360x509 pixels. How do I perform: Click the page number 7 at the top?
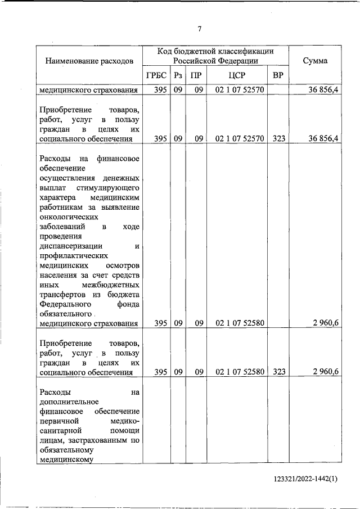[199, 29]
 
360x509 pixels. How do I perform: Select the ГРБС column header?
[156, 75]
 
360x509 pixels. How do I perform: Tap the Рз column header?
[178, 75]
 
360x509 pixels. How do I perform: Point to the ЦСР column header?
[237, 75]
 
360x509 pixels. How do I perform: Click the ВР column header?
[277, 75]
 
